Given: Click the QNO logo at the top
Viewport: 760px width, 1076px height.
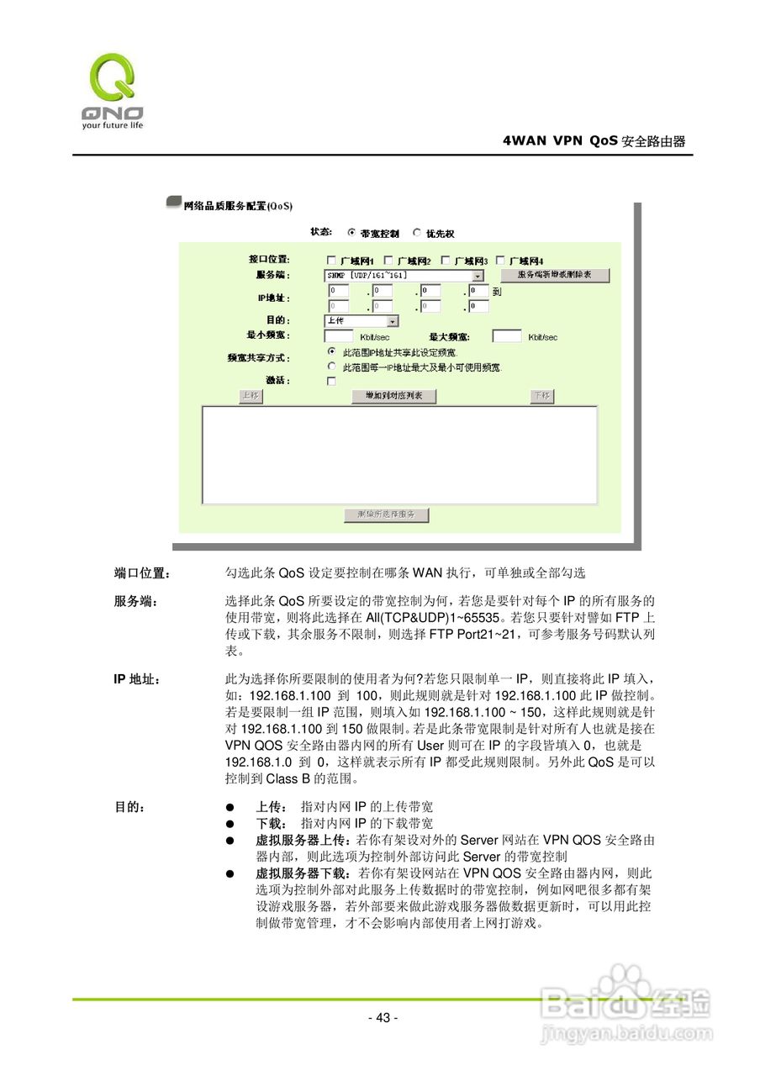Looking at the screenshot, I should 112,88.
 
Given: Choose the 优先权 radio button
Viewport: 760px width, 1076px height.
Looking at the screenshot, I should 417,232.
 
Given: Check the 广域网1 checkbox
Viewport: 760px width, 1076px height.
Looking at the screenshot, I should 331,260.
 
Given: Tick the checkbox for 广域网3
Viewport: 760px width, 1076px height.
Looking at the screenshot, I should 446,260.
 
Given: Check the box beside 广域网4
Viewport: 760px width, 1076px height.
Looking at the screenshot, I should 501,260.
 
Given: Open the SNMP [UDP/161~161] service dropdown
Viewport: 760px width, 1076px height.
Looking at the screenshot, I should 478,276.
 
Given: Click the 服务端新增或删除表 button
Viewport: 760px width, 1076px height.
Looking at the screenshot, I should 555,276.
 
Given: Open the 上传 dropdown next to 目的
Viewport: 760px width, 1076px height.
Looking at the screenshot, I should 393,321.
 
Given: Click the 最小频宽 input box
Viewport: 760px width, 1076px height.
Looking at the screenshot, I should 338,336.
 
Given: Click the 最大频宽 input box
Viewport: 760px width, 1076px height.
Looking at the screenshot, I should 506,336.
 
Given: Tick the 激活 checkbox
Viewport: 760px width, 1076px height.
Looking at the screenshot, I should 331,381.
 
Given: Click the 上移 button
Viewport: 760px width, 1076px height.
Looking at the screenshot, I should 250,396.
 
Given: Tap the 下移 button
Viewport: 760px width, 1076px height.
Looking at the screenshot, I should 542,396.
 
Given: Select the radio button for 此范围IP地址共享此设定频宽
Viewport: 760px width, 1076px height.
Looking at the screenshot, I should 331,351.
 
